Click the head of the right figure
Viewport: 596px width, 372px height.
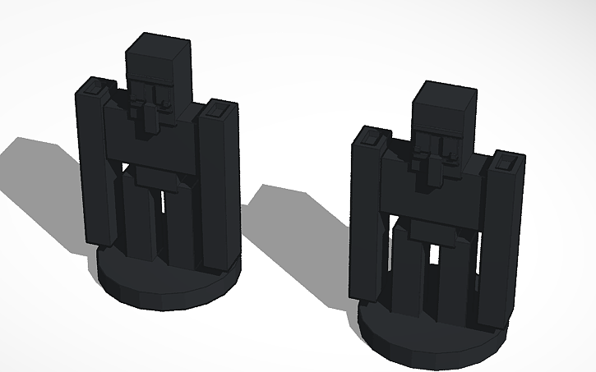pos(440,111)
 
